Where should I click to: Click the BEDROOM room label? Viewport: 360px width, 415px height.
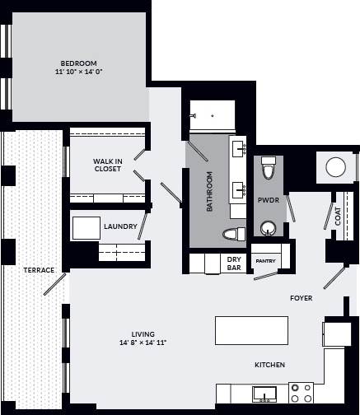(x=79, y=63)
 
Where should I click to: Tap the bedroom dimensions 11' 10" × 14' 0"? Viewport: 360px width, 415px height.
(x=79, y=72)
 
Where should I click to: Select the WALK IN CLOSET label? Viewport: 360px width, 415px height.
(x=107, y=165)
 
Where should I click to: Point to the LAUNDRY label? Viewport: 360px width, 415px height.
(x=120, y=226)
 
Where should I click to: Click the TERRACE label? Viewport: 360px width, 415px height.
(x=39, y=270)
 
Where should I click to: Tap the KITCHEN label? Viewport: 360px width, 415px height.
(x=269, y=364)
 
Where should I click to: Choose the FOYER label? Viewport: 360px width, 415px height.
(x=301, y=298)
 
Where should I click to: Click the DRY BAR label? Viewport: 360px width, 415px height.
(x=234, y=263)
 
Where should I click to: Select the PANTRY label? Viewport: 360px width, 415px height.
(x=265, y=261)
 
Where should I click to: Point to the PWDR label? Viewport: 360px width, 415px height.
(x=268, y=200)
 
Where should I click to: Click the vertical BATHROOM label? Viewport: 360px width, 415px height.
(x=210, y=191)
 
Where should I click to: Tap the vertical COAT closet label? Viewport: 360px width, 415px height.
(x=338, y=216)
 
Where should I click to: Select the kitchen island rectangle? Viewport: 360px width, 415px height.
(x=251, y=330)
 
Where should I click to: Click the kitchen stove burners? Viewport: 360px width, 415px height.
(x=302, y=392)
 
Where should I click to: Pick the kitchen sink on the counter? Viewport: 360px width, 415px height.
(x=264, y=393)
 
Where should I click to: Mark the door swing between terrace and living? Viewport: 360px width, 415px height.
(x=55, y=285)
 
